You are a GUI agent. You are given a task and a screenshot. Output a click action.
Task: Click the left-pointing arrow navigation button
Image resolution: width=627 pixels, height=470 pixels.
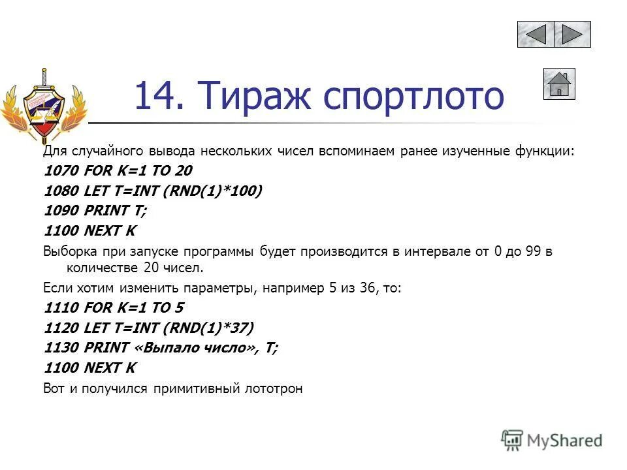[x=536, y=34]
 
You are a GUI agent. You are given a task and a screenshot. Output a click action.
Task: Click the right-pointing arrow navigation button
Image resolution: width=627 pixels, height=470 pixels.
[x=573, y=34]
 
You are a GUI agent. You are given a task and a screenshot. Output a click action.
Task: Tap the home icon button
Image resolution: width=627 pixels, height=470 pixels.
[x=559, y=84]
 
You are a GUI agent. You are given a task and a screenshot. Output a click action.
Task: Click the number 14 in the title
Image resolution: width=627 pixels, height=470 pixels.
[x=157, y=95]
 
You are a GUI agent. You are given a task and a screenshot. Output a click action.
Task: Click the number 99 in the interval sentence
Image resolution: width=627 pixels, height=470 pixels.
[x=532, y=251]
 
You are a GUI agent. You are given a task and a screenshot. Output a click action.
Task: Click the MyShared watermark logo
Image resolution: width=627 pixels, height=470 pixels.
[x=552, y=439]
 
